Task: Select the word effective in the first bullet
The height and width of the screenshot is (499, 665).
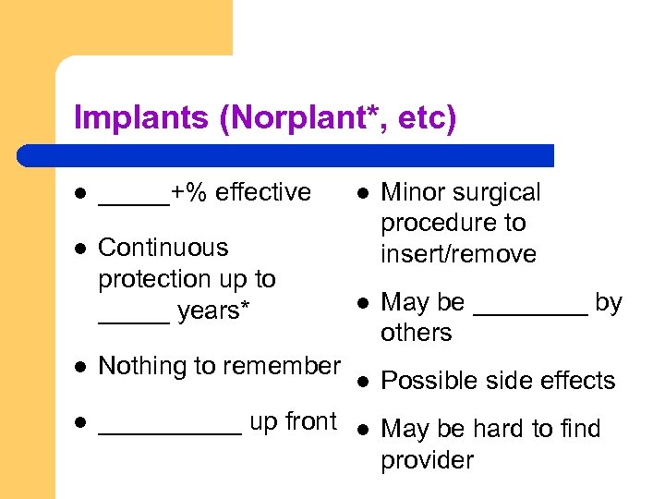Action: (x=264, y=192)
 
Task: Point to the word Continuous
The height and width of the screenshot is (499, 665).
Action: (x=163, y=248)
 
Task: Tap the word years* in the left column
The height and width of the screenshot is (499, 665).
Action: (x=213, y=311)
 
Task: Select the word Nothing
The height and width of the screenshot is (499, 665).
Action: (x=139, y=366)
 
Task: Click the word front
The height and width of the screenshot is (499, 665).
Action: (x=309, y=421)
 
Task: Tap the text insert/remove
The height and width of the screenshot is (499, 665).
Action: (x=458, y=254)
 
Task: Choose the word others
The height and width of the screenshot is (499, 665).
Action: (x=416, y=333)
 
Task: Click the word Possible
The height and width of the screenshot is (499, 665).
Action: (x=424, y=381)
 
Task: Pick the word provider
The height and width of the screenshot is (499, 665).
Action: (x=427, y=460)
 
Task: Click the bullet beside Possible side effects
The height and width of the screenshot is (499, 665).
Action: (x=364, y=381)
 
